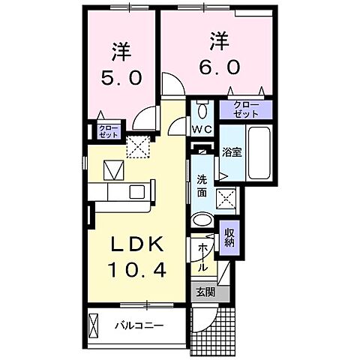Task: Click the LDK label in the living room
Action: point(135,247)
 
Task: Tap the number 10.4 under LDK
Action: point(135,268)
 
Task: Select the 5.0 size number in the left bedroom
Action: point(121,76)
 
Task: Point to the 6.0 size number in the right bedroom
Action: point(220,67)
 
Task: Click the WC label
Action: point(202,129)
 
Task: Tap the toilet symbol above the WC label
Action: point(201,111)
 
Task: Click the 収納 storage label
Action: point(229,237)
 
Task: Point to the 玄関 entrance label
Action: point(204,292)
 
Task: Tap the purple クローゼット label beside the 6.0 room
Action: point(244,109)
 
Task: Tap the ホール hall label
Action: point(203,256)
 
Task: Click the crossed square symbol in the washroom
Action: point(226,198)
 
